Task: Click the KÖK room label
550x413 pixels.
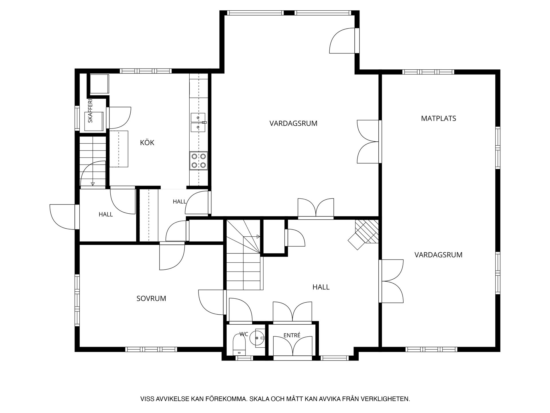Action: pos(147,143)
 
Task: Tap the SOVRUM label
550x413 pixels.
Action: pos(151,299)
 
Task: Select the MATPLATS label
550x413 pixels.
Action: pos(438,118)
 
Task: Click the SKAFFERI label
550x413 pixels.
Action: pos(90,111)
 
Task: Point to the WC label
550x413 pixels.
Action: pos(244,334)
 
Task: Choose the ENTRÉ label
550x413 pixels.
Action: pos(292,335)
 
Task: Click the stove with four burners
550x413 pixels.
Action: pos(199,161)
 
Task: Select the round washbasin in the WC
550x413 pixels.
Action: pos(256,338)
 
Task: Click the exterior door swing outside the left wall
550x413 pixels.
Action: pos(63,217)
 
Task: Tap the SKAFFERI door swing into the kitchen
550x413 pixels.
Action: pos(120,118)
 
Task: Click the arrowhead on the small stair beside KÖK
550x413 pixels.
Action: pos(93,184)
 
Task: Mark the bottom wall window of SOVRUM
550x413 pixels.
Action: pos(151,349)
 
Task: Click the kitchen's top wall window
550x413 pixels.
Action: pos(146,71)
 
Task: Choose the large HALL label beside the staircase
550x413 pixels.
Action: pos(321,287)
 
